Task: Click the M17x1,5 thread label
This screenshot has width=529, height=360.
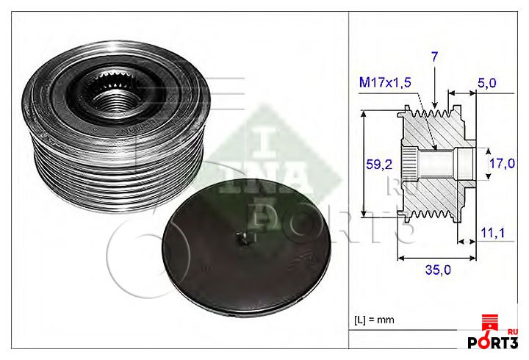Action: click(385, 82)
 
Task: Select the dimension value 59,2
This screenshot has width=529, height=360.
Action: click(379, 165)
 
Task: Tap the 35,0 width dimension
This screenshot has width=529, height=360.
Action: click(438, 270)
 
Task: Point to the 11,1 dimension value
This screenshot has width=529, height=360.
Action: click(492, 233)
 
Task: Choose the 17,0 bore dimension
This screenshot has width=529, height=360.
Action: click(502, 164)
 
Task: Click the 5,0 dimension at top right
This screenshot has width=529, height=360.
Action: click(487, 83)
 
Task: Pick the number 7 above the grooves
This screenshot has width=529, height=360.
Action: click(434, 57)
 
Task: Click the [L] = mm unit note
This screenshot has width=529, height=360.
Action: click(374, 320)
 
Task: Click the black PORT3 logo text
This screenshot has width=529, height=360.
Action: click(492, 342)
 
